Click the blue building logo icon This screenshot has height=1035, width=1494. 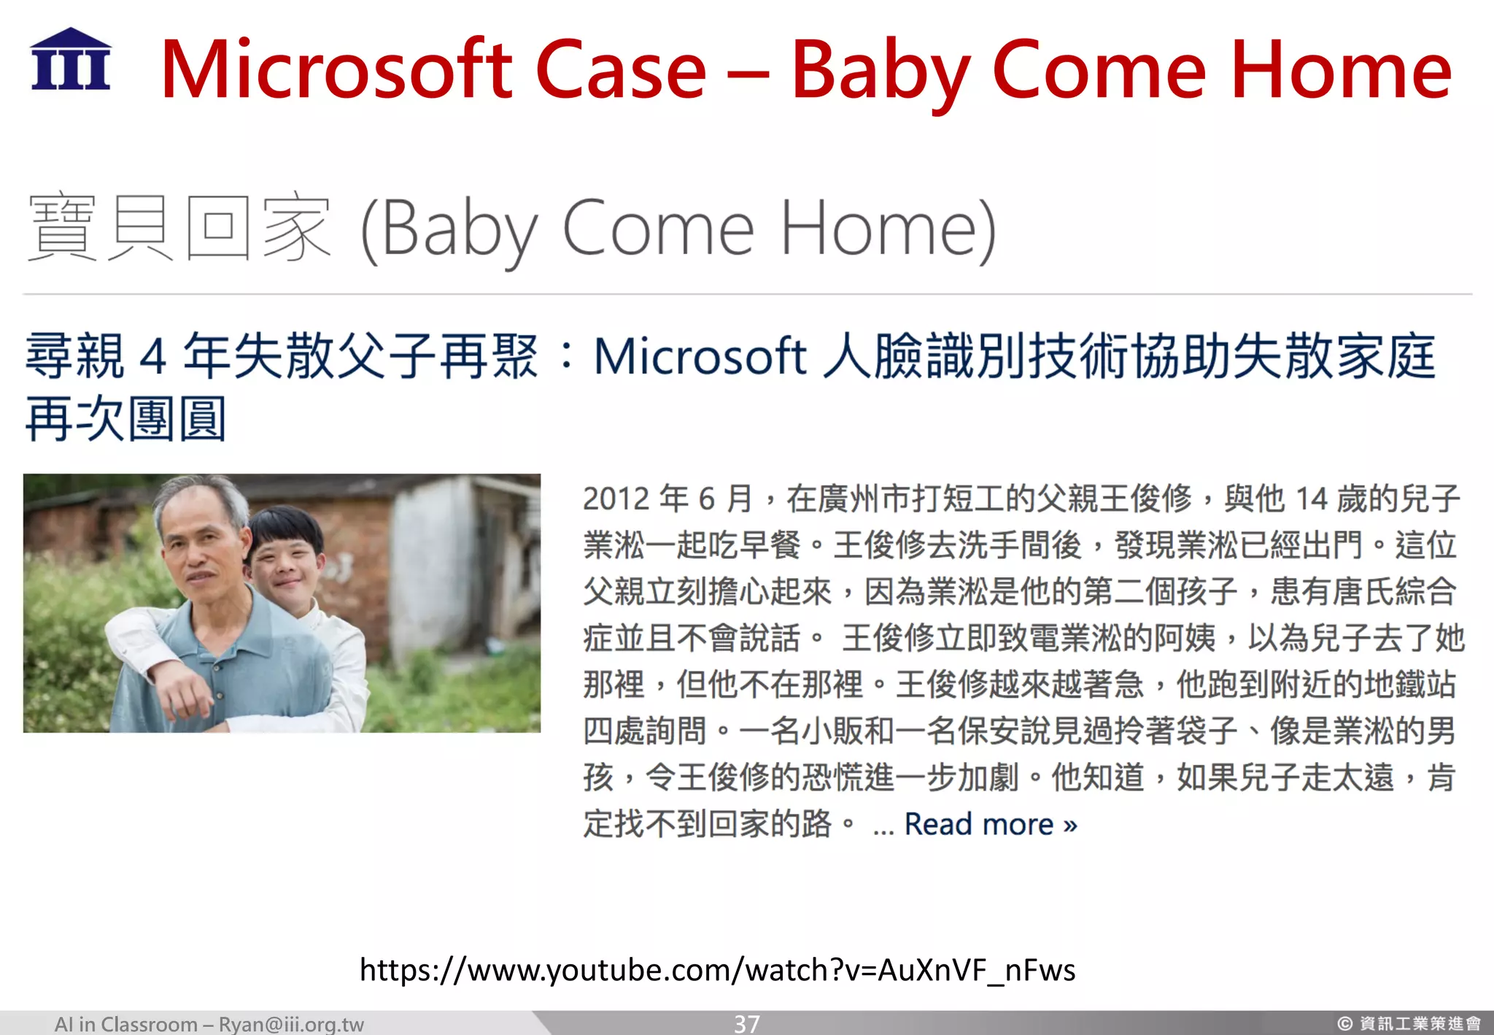[x=71, y=60]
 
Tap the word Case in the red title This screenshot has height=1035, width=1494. [x=621, y=70]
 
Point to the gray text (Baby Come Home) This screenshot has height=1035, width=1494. [x=678, y=230]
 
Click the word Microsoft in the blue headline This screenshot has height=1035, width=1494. [x=700, y=357]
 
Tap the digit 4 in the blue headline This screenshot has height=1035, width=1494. [x=153, y=357]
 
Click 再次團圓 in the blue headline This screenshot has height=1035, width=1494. [x=125, y=420]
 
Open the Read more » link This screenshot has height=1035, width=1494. [x=990, y=824]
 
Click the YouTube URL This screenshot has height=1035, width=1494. [x=717, y=970]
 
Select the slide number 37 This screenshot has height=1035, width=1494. [x=746, y=1023]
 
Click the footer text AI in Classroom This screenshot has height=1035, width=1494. [x=125, y=1024]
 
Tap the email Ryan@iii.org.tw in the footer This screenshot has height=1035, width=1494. [x=291, y=1024]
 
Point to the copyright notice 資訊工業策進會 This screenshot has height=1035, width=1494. [x=1419, y=1024]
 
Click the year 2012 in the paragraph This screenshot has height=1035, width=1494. [x=616, y=499]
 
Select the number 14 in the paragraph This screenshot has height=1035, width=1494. [x=1311, y=499]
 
